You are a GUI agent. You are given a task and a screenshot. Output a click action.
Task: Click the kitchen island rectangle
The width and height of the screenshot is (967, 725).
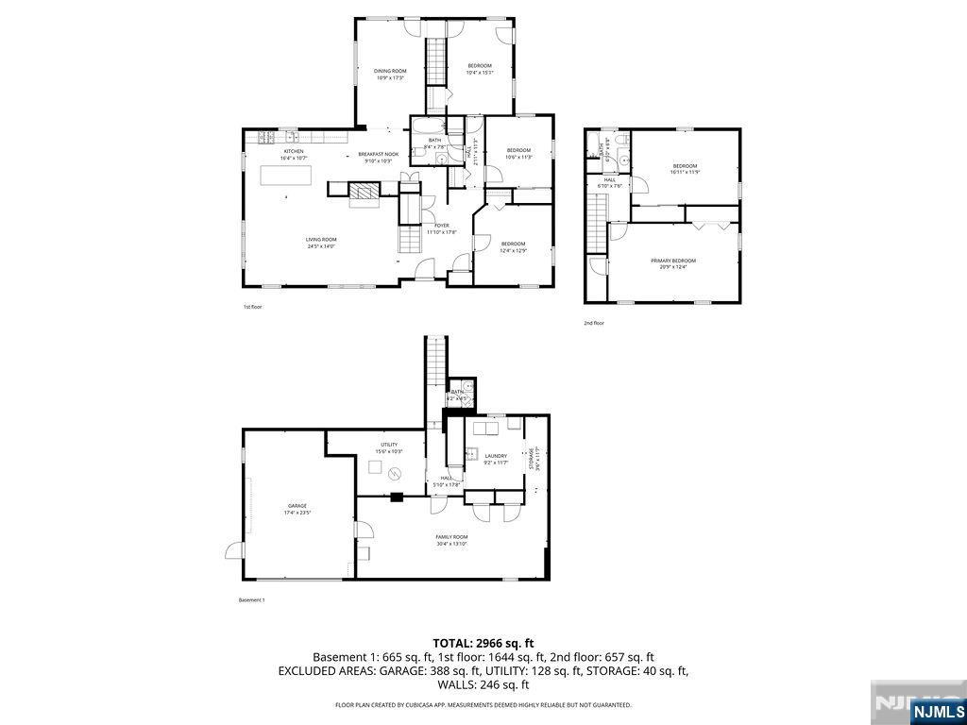tap(287, 176)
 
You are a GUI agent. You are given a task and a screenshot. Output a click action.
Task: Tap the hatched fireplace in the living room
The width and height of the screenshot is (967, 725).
tap(363, 194)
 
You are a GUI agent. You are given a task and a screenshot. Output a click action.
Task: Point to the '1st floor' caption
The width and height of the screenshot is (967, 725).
tap(252, 307)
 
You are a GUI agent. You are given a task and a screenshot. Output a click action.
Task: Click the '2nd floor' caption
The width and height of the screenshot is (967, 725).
tap(593, 323)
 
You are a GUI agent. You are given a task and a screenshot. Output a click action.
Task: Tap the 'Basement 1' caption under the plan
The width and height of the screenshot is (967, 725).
tap(251, 600)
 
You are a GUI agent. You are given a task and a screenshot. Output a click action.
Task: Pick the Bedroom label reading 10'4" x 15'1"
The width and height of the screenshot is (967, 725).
tap(480, 69)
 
